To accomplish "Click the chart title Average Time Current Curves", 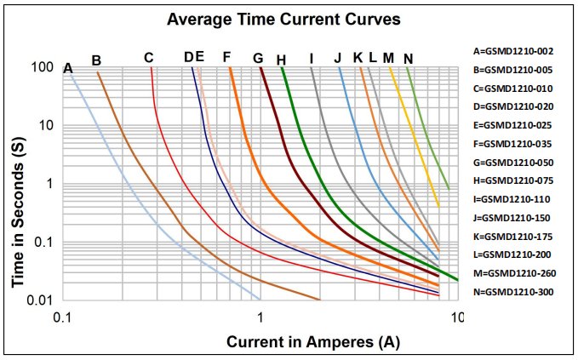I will pos(259,18).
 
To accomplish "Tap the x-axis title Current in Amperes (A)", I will pos(312,342).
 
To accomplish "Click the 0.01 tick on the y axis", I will pos(41,300).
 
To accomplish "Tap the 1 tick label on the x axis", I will pos(260,317).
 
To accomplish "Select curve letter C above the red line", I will pos(148,58).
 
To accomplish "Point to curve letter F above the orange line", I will pos(226,57).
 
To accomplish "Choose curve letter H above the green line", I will pos(281,59).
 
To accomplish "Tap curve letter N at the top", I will pos(409,58).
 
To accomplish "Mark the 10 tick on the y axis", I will pos(48,125).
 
